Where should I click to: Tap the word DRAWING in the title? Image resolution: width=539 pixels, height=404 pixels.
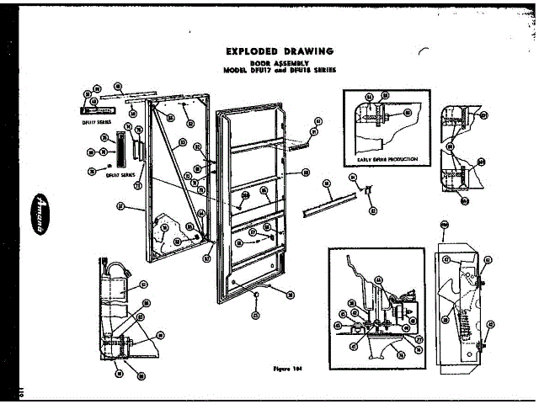304,50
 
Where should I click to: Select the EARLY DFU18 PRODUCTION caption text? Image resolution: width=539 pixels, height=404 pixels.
387,158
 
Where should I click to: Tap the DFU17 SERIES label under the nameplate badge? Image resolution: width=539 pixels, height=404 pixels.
85,122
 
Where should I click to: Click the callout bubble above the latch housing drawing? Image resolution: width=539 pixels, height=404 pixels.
445,224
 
